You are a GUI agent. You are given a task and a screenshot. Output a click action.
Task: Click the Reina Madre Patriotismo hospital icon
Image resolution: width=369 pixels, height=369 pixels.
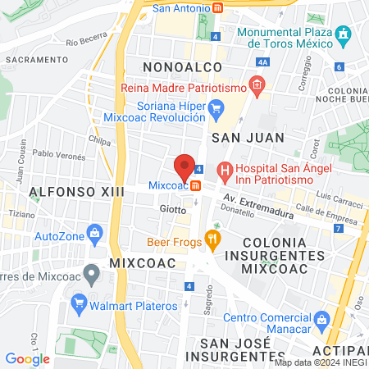tap(257, 84)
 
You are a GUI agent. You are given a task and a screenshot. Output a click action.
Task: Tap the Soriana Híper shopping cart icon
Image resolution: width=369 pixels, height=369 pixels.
tap(216, 107)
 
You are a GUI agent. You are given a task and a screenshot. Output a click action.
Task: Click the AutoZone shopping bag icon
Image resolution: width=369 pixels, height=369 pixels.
tap(95, 233)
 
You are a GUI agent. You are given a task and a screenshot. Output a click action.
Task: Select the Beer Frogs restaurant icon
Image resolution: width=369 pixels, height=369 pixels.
tap(213, 241)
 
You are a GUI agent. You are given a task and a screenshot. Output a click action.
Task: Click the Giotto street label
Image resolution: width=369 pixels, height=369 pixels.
tap(172, 209)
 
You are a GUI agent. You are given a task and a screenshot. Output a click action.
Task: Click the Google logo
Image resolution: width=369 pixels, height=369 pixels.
tap(27, 358)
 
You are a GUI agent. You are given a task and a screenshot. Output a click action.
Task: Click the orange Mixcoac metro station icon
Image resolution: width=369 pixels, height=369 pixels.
tap(195, 185)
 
